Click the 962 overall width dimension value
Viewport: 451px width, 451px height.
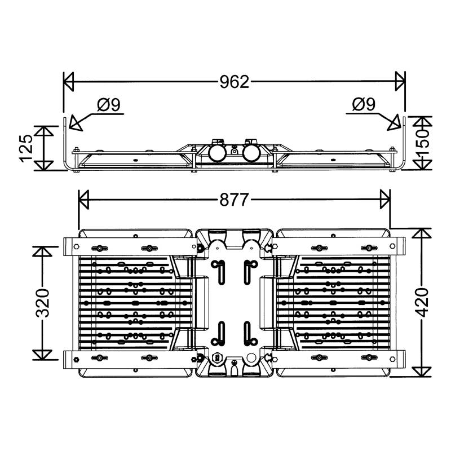point(234,82)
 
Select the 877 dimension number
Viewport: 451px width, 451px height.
point(234,199)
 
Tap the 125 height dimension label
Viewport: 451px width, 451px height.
point(26,148)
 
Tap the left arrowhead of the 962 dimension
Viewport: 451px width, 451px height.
point(69,82)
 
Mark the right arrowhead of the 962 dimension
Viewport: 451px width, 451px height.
point(400,82)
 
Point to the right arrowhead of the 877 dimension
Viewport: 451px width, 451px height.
point(385,199)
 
